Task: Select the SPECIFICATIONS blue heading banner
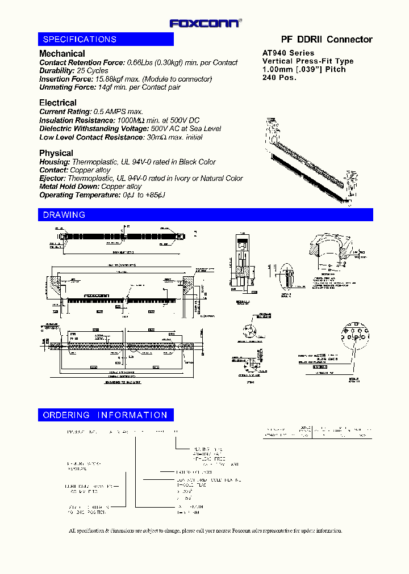pos(106,39)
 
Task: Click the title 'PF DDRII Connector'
pos(327,39)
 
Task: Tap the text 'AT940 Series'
pos(288,53)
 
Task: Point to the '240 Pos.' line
pos(279,78)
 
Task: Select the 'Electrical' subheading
pos(57,103)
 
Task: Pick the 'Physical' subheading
pos(56,153)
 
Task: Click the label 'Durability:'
pos(57,71)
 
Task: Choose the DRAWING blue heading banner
pos(206,215)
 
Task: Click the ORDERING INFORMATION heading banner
pos(106,415)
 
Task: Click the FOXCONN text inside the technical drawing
pos(96,296)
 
